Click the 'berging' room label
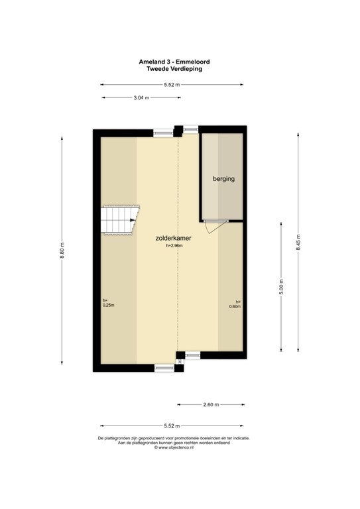coord(223,179)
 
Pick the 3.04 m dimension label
coord(141,97)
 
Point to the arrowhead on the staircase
coord(134,220)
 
